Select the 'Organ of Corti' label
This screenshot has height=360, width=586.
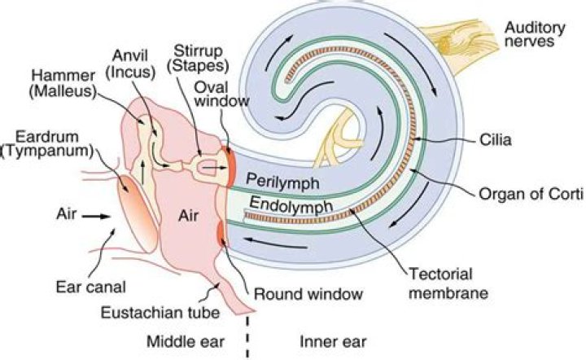(526, 194)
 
